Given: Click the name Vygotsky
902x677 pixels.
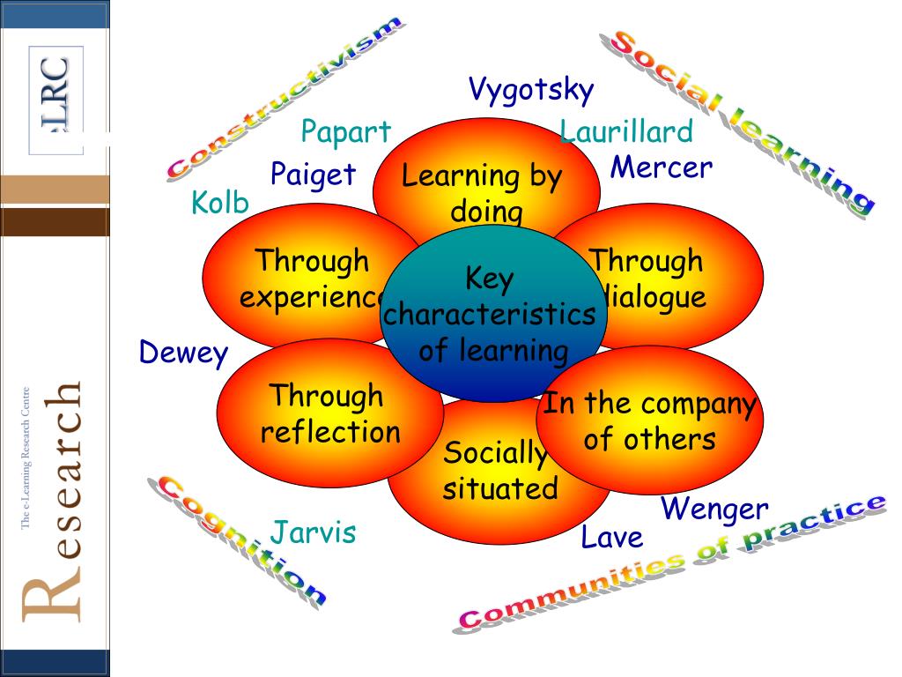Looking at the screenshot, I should [531, 90].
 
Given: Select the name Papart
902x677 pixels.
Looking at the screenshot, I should [345, 132].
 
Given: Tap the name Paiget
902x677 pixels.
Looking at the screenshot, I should [313, 174].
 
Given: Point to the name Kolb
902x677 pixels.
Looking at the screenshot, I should [219, 204].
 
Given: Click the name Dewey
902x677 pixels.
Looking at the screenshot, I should [183, 353].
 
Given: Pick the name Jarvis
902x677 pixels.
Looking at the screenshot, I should [313, 532].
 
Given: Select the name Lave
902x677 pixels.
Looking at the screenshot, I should [611, 537].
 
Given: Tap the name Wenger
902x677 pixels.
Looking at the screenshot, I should [714, 509].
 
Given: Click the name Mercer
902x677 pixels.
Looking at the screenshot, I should [661, 167].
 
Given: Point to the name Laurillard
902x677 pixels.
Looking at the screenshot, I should [626, 132].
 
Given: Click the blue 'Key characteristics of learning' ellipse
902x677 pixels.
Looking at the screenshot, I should [492, 315].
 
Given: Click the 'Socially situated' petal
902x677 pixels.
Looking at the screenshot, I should [499, 494].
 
